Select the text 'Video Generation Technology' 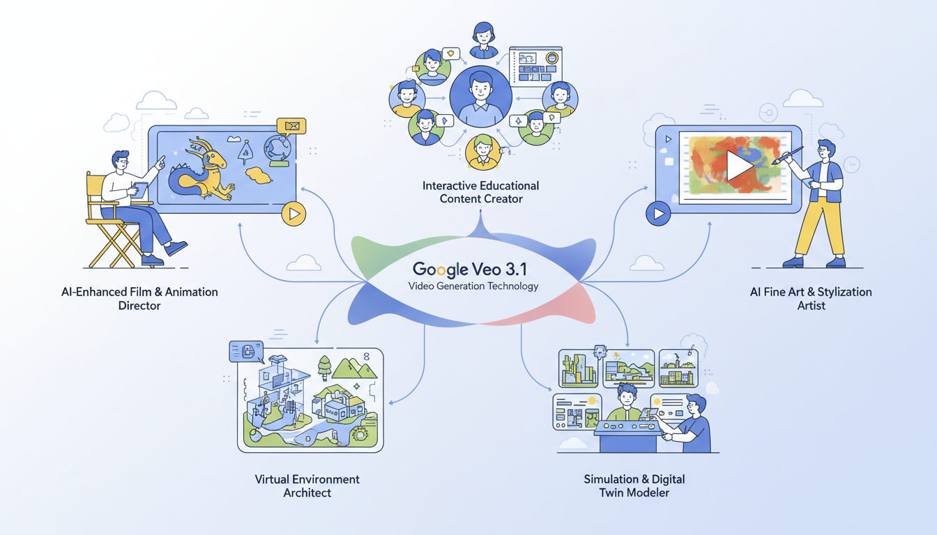pyautogui.click(x=473, y=286)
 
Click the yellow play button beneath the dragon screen pyautogui.click(x=294, y=214)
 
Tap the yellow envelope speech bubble pyautogui.click(x=291, y=126)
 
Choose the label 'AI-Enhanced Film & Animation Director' pyautogui.click(x=139, y=298)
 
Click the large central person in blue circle pyautogui.click(x=481, y=96)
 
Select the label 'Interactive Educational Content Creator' pyautogui.click(x=481, y=192)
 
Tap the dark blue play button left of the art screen pyautogui.click(x=657, y=213)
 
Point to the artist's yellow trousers pyautogui.click(x=823, y=226)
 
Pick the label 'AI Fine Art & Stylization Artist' pyautogui.click(x=811, y=298)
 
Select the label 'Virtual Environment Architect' pyautogui.click(x=307, y=486)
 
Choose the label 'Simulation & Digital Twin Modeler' pyautogui.click(x=634, y=486)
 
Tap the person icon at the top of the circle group pyautogui.click(x=482, y=40)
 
